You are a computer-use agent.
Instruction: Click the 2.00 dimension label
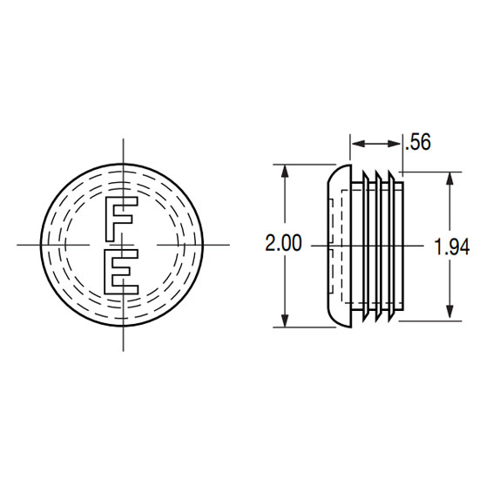click(x=283, y=243)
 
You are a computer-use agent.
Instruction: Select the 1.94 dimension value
click(x=452, y=247)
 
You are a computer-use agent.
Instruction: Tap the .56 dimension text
click(x=418, y=142)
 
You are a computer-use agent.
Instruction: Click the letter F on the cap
click(x=121, y=219)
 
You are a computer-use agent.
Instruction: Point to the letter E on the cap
click(x=121, y=271)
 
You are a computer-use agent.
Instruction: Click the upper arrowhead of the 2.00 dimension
click(x=284, y=171)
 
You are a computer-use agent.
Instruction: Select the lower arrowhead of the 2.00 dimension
click(x=284, y=321)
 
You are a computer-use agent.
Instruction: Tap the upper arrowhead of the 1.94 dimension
click(x=450, y=179)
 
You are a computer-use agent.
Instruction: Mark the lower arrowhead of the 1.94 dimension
click(x=450, y=314)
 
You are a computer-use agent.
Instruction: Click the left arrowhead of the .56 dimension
click(x=358, y=144)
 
